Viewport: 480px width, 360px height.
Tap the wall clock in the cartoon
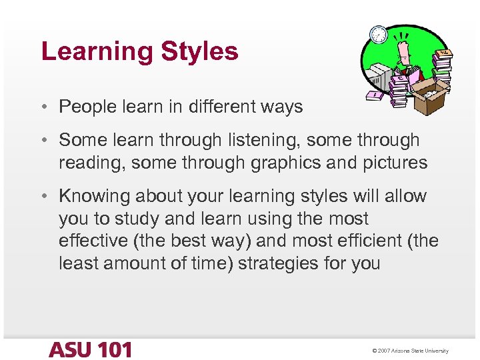(x=378, y=34)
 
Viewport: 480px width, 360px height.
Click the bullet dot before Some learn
(x=44, y=141)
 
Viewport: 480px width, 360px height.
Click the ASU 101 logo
(x=89, y=349)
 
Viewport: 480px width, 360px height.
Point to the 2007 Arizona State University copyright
(x=411, y=351)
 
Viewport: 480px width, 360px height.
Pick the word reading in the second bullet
(x=92, y=163)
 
